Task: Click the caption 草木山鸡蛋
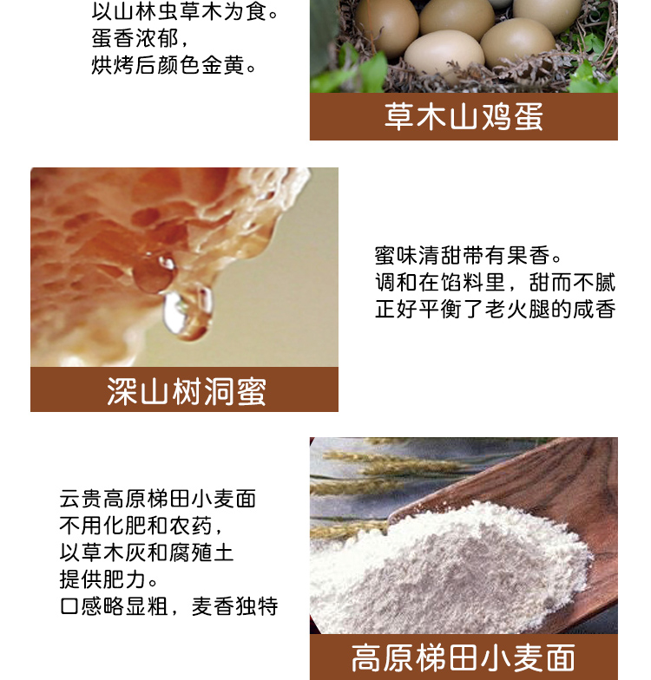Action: point(464,117)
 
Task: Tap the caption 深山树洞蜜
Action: point(185,391)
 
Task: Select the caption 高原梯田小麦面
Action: point(464,658)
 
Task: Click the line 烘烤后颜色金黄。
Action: point(174,66)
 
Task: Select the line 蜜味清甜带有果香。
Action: point(470,256)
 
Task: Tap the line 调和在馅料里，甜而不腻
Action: point(495,283)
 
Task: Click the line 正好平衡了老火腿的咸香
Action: point(495,310)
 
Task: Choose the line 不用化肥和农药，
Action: point(146,526)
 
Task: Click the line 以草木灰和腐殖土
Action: point(146,552)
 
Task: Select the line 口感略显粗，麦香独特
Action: point(168,606)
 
